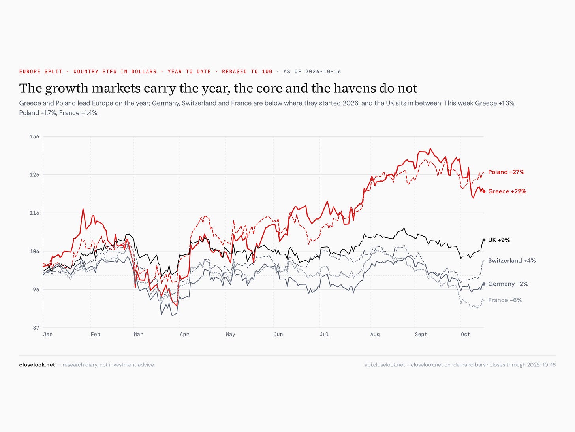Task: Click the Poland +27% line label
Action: tap(506, 172)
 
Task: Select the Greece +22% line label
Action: tap(507, 191)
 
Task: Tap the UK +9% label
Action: tap(499, 240)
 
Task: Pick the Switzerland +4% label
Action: tap(512, 260)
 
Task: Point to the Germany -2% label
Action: tap(508, 284)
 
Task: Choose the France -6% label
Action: tap(505, 300)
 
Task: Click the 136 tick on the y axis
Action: tap(35, 136)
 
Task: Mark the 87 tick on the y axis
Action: tap(36, 328)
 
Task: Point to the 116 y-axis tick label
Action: tap(35, 213)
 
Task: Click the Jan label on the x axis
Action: tap(48, 334)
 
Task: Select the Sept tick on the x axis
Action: tap(421, 334)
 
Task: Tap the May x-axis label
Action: tap(231, 334)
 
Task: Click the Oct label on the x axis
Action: tap(466, 334)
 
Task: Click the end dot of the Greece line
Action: tap(484, 192)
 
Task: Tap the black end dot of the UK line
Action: tap(484, 240)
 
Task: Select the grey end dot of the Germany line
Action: tap(484, 284)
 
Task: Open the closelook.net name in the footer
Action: tap(37, 365)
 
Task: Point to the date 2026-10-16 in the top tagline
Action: tap(323, 71)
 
